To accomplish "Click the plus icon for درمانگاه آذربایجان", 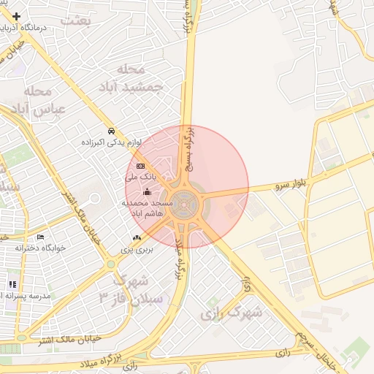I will pos(16,15).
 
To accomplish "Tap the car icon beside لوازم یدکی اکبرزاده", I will pos(110,131).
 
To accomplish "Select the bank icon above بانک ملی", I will pos(140,167).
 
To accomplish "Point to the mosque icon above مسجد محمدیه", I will pos(148,192).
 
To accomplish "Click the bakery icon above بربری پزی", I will pos(137,238).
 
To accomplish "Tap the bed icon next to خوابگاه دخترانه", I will pos(40,237).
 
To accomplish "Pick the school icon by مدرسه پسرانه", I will pos(12,284).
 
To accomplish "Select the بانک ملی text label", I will pos(140,177).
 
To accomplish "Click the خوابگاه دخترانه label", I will pos(40,248).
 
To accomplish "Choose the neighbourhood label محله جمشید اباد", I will pos(141,77).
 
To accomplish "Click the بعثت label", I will pos(75,20).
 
